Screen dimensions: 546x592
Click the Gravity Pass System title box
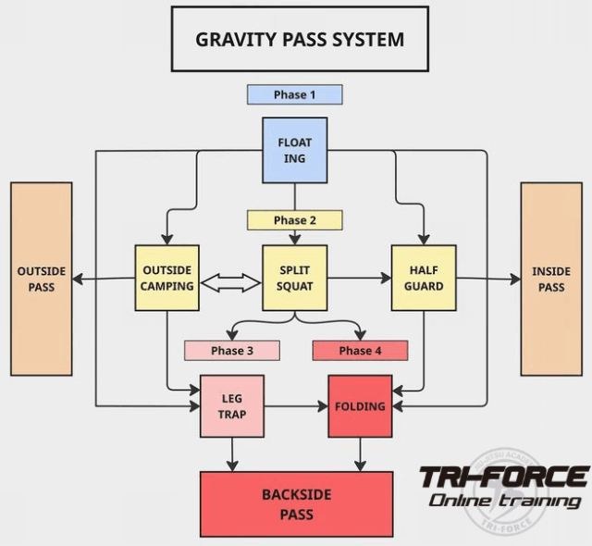tap(300, 39)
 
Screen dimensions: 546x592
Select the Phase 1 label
tap(294, 94)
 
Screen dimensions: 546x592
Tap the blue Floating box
tap(294, 149)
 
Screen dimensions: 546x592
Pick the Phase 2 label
tap(294, 220)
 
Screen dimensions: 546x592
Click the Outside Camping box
tap(166, 278)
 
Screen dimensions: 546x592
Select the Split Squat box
tap(294, 278)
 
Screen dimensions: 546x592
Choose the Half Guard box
tap(423, 278)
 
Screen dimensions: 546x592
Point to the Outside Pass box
tap(41, 279)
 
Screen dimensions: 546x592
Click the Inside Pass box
tap(550, 279)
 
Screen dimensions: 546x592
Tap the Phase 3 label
tap(231, 351)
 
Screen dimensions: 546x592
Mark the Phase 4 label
tap(360, 351)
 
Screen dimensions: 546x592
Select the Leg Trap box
tap(231, 405)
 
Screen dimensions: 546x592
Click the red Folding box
tap(360, 405)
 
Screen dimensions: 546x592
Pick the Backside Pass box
tap(296, 504)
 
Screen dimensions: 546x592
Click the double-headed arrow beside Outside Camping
tap(230, 283)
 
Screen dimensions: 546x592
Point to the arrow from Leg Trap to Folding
tap(296, 405)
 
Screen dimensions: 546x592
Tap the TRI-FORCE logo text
tap(503, 478)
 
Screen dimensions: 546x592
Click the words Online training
tap(504, 501)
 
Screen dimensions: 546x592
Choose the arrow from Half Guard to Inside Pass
tap(487, 278)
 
